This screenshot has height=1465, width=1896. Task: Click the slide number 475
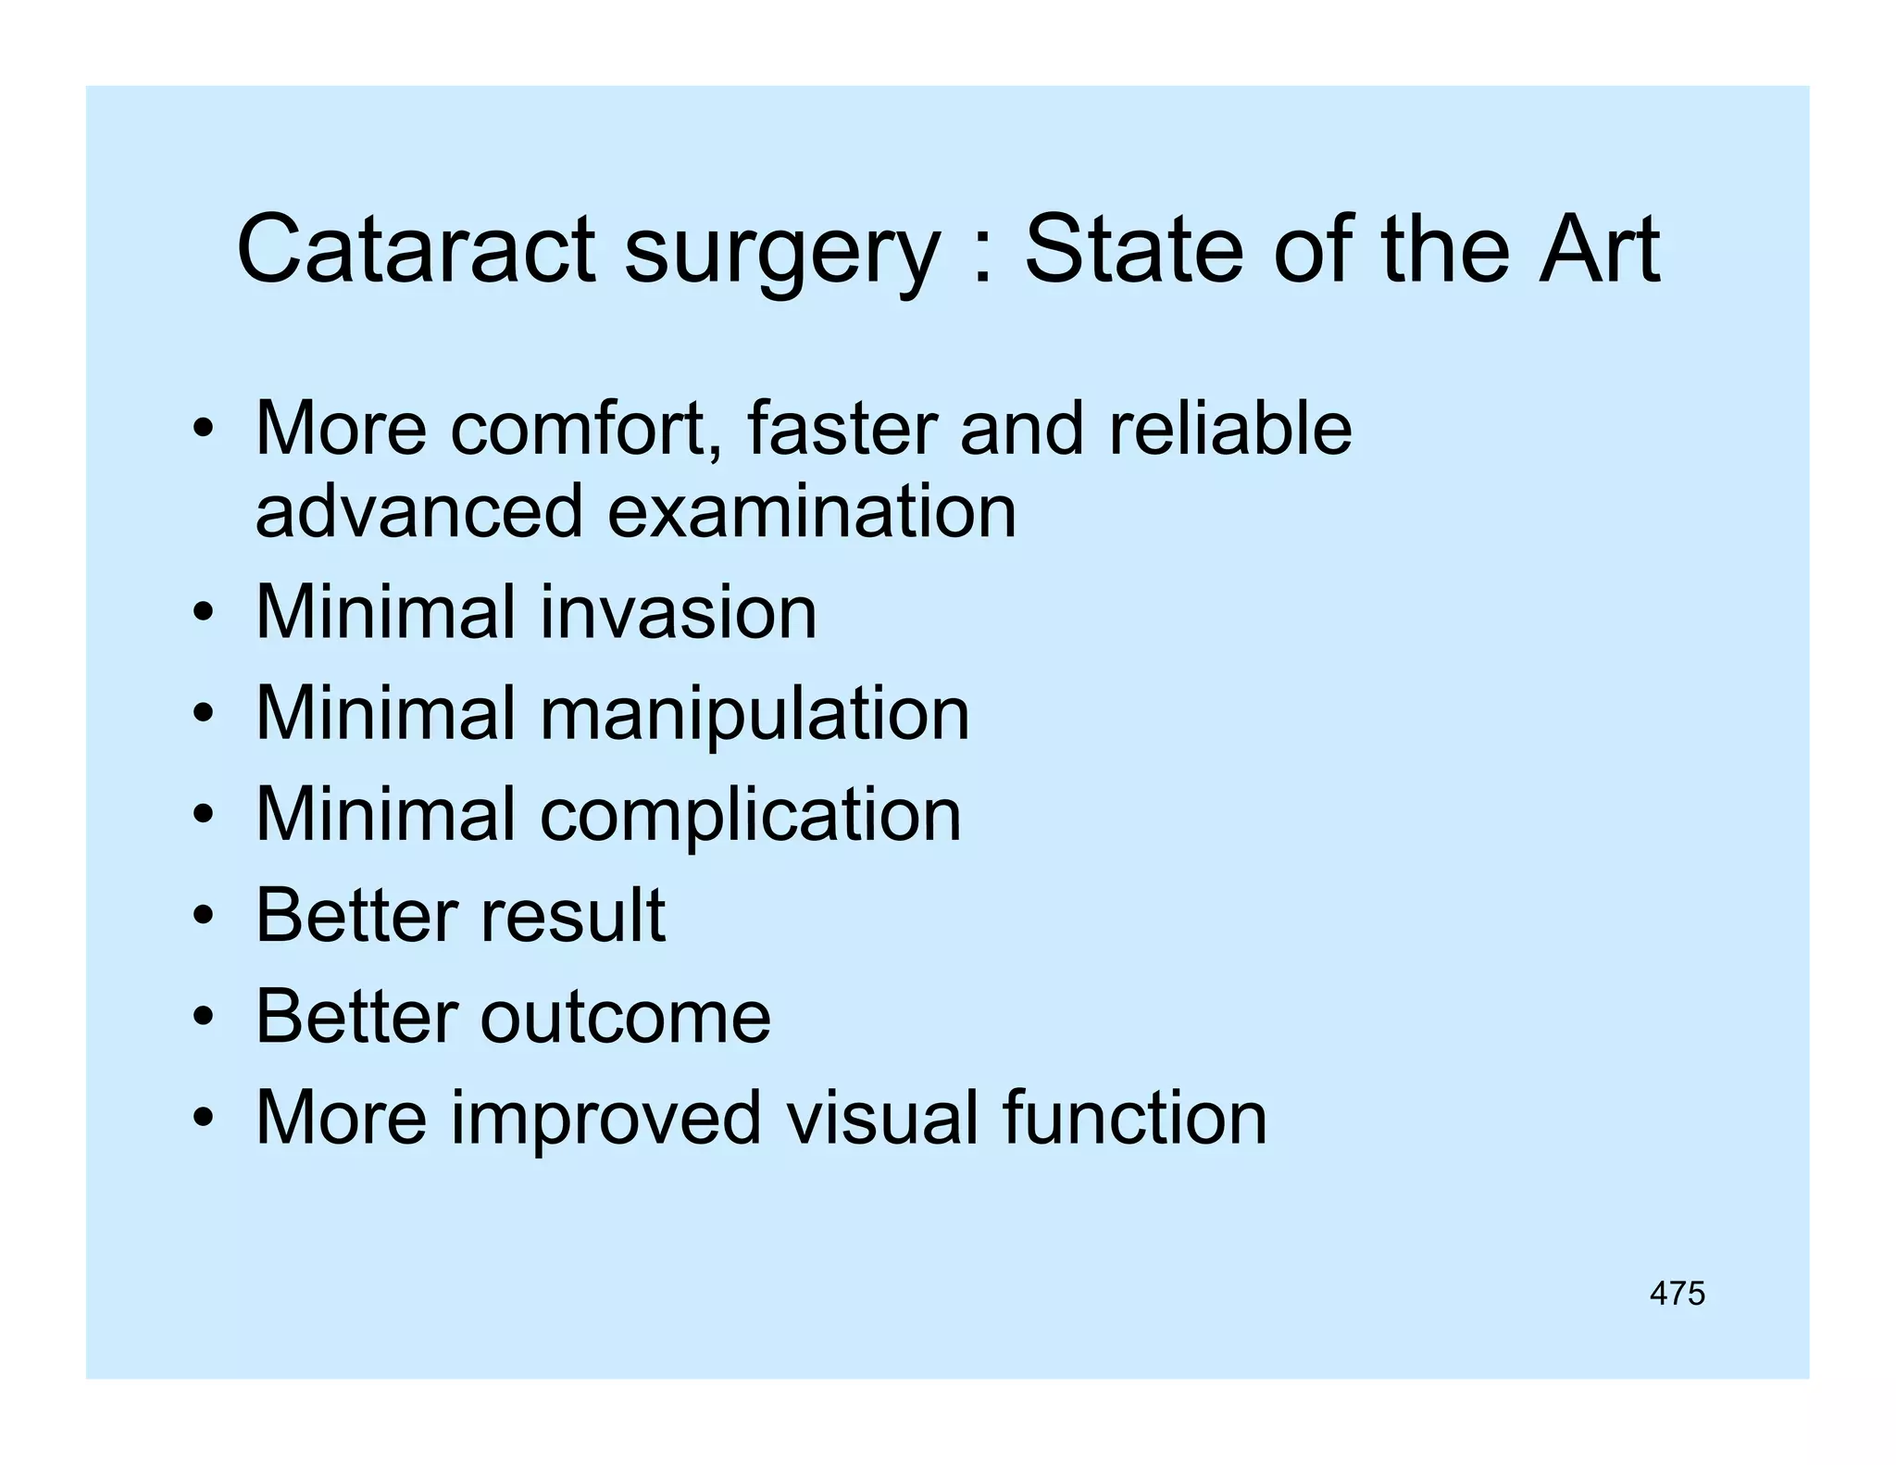[x=1677, y=1293]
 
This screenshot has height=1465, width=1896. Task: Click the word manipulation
[x=755, y=715]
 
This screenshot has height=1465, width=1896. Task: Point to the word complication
[x=751, y=816]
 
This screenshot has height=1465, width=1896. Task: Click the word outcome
[x=625, y=1016]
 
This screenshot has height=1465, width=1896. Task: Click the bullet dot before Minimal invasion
[x=204, y=614]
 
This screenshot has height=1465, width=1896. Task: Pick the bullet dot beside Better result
[x=204, y=917]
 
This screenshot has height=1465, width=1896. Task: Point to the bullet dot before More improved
[x=204, y=1119]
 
